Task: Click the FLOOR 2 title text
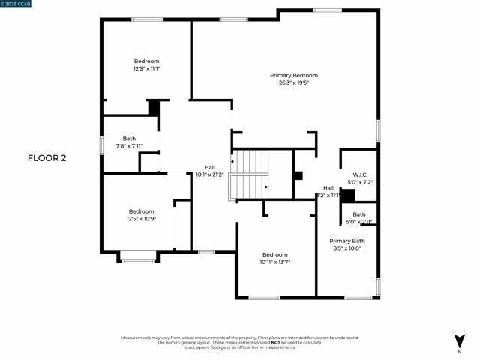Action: click(47, 158)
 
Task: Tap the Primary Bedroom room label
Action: click(294, 75)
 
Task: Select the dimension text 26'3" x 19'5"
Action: click(294, 82)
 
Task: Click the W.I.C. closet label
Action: click(359, 174)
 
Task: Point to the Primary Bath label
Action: click(346, 241)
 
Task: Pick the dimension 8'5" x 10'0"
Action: click(346, 248)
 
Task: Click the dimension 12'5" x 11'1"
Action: click(147, 68)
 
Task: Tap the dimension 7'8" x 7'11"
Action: click(129, 146)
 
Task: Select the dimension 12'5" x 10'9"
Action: click(141, 219)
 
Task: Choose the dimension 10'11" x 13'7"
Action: click(274, 262)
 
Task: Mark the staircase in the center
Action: click(250, 174)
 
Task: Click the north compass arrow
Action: click(459, 340)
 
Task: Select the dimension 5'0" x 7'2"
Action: click(359, 182)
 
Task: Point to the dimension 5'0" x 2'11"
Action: click(359, 222)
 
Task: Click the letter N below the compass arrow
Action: click(459, 351)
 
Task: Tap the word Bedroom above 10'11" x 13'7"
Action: click(274, 255)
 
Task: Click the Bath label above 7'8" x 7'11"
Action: click(129, 139)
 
